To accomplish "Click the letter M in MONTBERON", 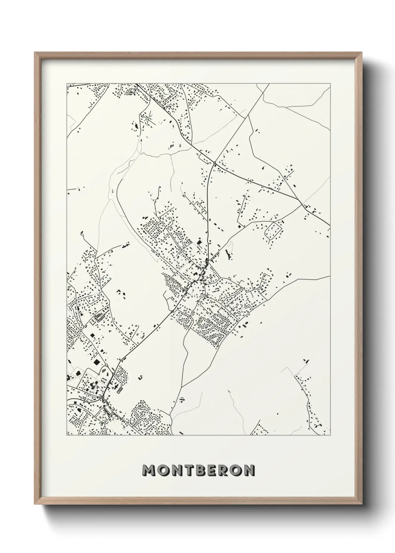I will click(149, 471).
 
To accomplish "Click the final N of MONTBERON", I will click(249, 471).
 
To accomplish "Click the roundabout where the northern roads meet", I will click(215, 164).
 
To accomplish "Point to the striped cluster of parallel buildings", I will click(99, 317).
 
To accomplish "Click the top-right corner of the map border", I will click(330, 84).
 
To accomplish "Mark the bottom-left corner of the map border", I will click(67, 436).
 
